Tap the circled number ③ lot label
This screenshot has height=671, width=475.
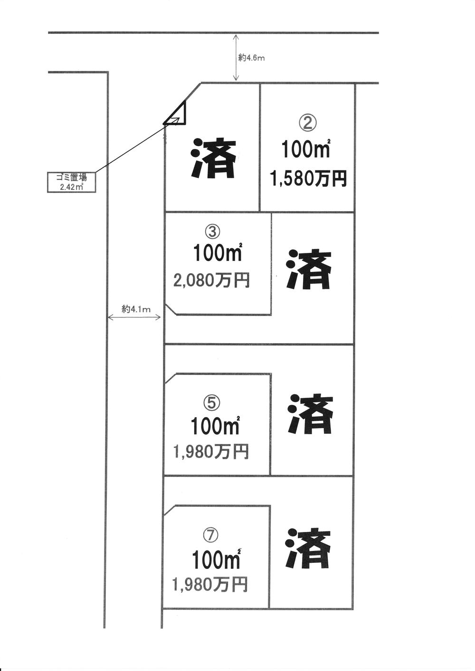click(x=212, y=231)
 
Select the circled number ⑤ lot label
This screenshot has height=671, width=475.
click(x=211, y=403)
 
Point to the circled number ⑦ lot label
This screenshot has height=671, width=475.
click(x=210, y=535)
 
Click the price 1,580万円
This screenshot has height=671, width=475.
click(x=308, y=179)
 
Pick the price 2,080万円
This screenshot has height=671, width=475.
click(x=211, y=281)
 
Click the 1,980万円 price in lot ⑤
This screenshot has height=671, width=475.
click(x=211, y=452)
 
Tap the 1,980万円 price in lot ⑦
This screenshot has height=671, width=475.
click(x=210, y=585)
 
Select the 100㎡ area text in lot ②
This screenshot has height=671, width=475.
click(x=306, y=150)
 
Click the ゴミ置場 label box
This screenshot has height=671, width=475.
click(x=71, y=182)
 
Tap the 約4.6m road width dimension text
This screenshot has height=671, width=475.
click(x=251, y=58)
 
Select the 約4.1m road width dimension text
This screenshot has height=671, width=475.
click(x=136, y=309)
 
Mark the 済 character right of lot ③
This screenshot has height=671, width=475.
click(x=309, y=270)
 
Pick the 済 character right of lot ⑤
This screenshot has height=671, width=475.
click(x=310, y=413)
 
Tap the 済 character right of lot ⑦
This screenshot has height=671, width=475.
click(x=309, y=549)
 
